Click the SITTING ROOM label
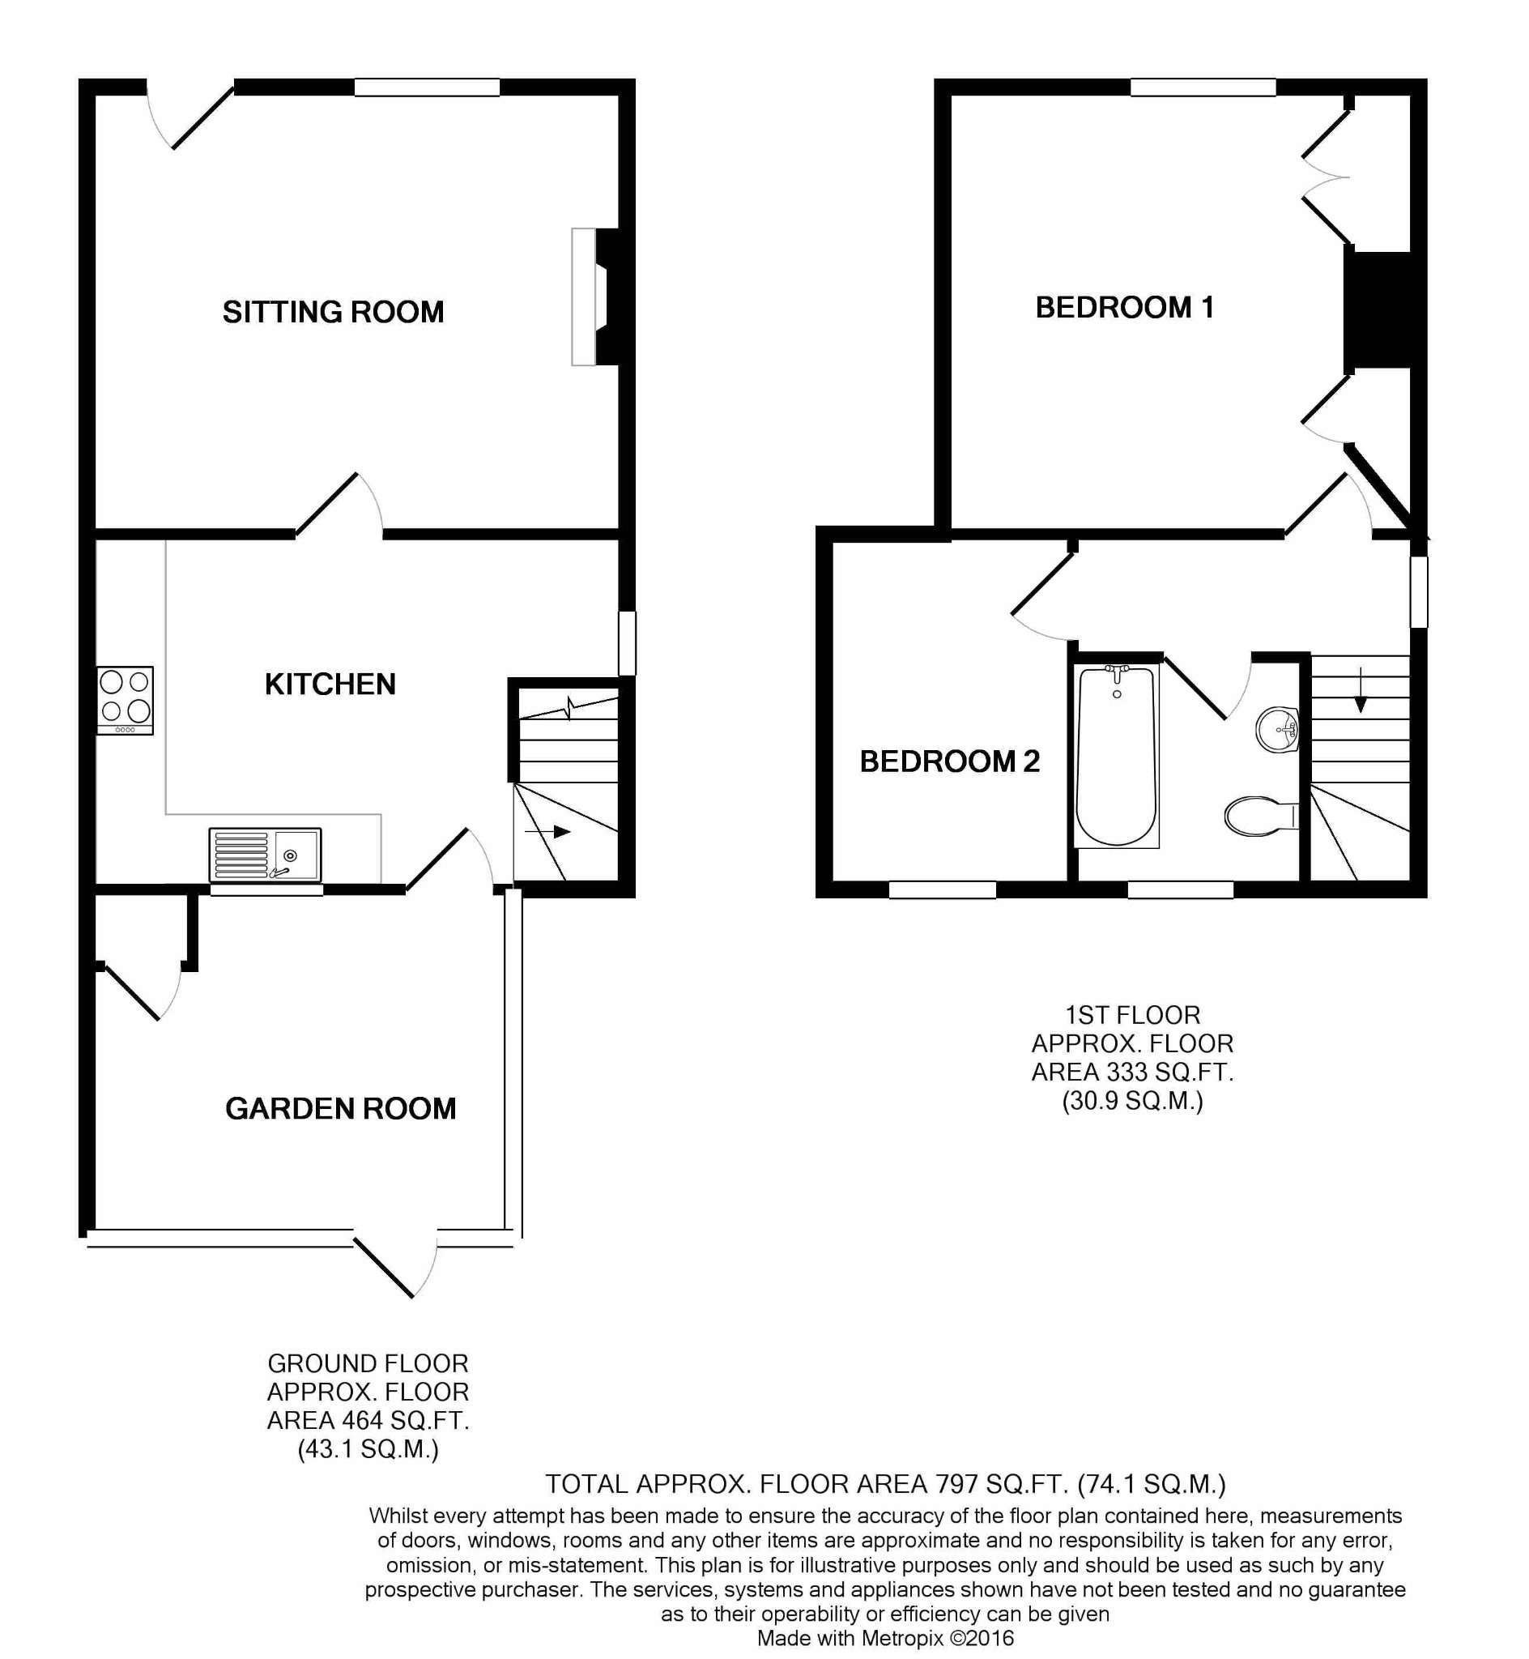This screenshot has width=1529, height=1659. (333, 312)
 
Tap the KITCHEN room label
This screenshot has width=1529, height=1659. (330, 684)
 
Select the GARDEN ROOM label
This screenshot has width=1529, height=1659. (340, 1109)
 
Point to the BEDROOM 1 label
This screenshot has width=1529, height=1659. (1124, 307)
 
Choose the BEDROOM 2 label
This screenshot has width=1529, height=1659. (949, 761)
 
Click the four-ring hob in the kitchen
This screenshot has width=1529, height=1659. (125, 701)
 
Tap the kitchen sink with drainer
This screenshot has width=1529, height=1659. (266, 855)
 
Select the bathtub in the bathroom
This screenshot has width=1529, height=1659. (1116, 757)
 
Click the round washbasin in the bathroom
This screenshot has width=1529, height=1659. (1276, 730)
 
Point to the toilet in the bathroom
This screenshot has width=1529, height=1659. (1261, 817)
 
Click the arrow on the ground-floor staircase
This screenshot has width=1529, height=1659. (547, 832)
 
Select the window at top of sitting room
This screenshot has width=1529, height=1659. (427, 87)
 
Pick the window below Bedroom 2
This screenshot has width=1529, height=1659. (943, 889)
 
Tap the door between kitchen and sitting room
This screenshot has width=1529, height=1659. (339, 505)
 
